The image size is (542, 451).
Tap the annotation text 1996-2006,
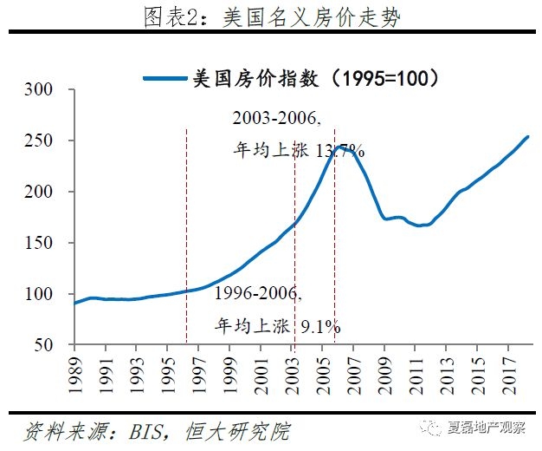(258, 294)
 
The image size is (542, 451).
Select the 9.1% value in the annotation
(320, 326)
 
